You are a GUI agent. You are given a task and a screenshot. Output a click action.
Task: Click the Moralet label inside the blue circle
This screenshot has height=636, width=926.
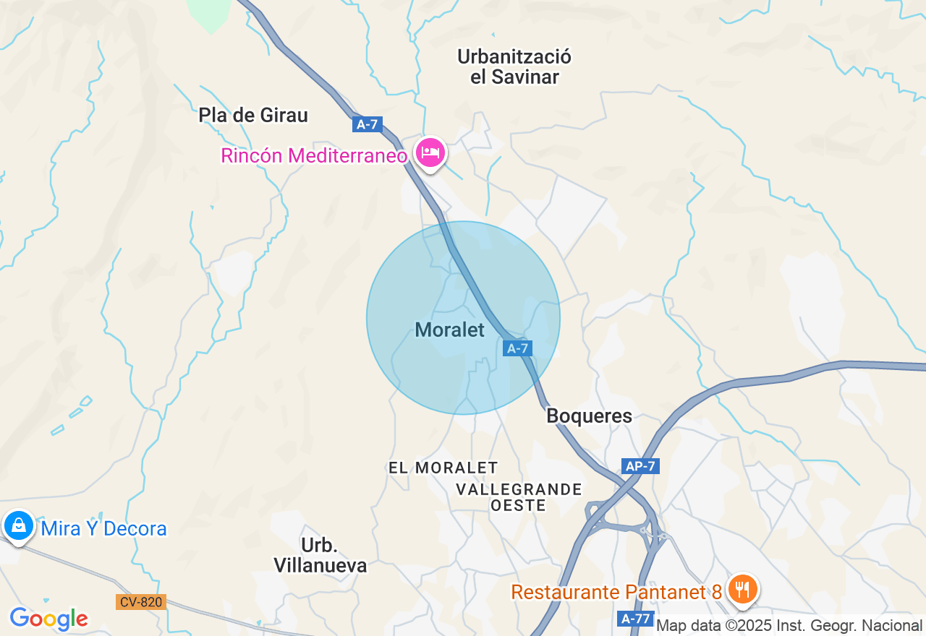449,330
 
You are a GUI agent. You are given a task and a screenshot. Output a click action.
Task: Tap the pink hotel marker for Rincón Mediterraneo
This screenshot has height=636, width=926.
430,152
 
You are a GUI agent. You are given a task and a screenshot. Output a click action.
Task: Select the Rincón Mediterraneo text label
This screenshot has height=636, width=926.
314,155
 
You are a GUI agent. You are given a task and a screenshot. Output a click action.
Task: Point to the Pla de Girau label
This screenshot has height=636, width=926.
253,115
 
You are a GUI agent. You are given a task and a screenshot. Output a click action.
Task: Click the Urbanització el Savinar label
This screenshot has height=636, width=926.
514,66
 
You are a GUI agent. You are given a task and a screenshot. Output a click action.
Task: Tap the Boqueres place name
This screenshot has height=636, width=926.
589,416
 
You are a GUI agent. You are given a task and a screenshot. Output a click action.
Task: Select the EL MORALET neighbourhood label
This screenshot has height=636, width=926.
443,468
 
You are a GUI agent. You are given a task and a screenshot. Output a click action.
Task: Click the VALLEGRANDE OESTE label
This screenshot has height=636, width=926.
519,497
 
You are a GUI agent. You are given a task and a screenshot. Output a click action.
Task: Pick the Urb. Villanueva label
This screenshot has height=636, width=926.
320,555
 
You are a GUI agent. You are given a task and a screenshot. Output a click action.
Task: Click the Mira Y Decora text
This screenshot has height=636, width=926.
103,529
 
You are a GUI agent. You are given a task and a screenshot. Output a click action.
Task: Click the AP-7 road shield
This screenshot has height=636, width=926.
640,466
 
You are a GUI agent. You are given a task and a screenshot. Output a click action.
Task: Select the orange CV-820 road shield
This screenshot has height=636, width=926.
140,601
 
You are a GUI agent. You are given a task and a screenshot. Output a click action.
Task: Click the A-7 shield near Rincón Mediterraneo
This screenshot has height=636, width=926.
368,124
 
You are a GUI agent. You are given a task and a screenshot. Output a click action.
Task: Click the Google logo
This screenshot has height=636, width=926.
48,619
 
